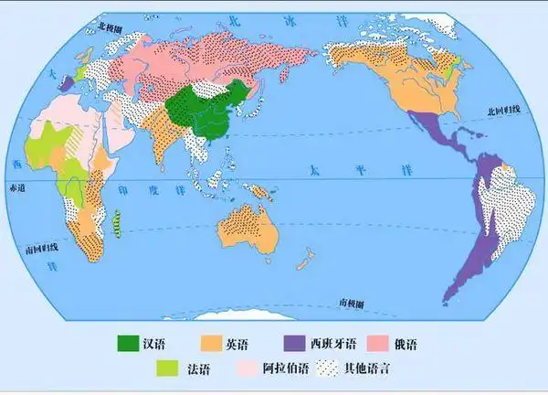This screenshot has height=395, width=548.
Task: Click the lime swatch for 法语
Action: [x=167, y=369]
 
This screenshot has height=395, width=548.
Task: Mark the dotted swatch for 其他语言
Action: [x=326, y=369]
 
